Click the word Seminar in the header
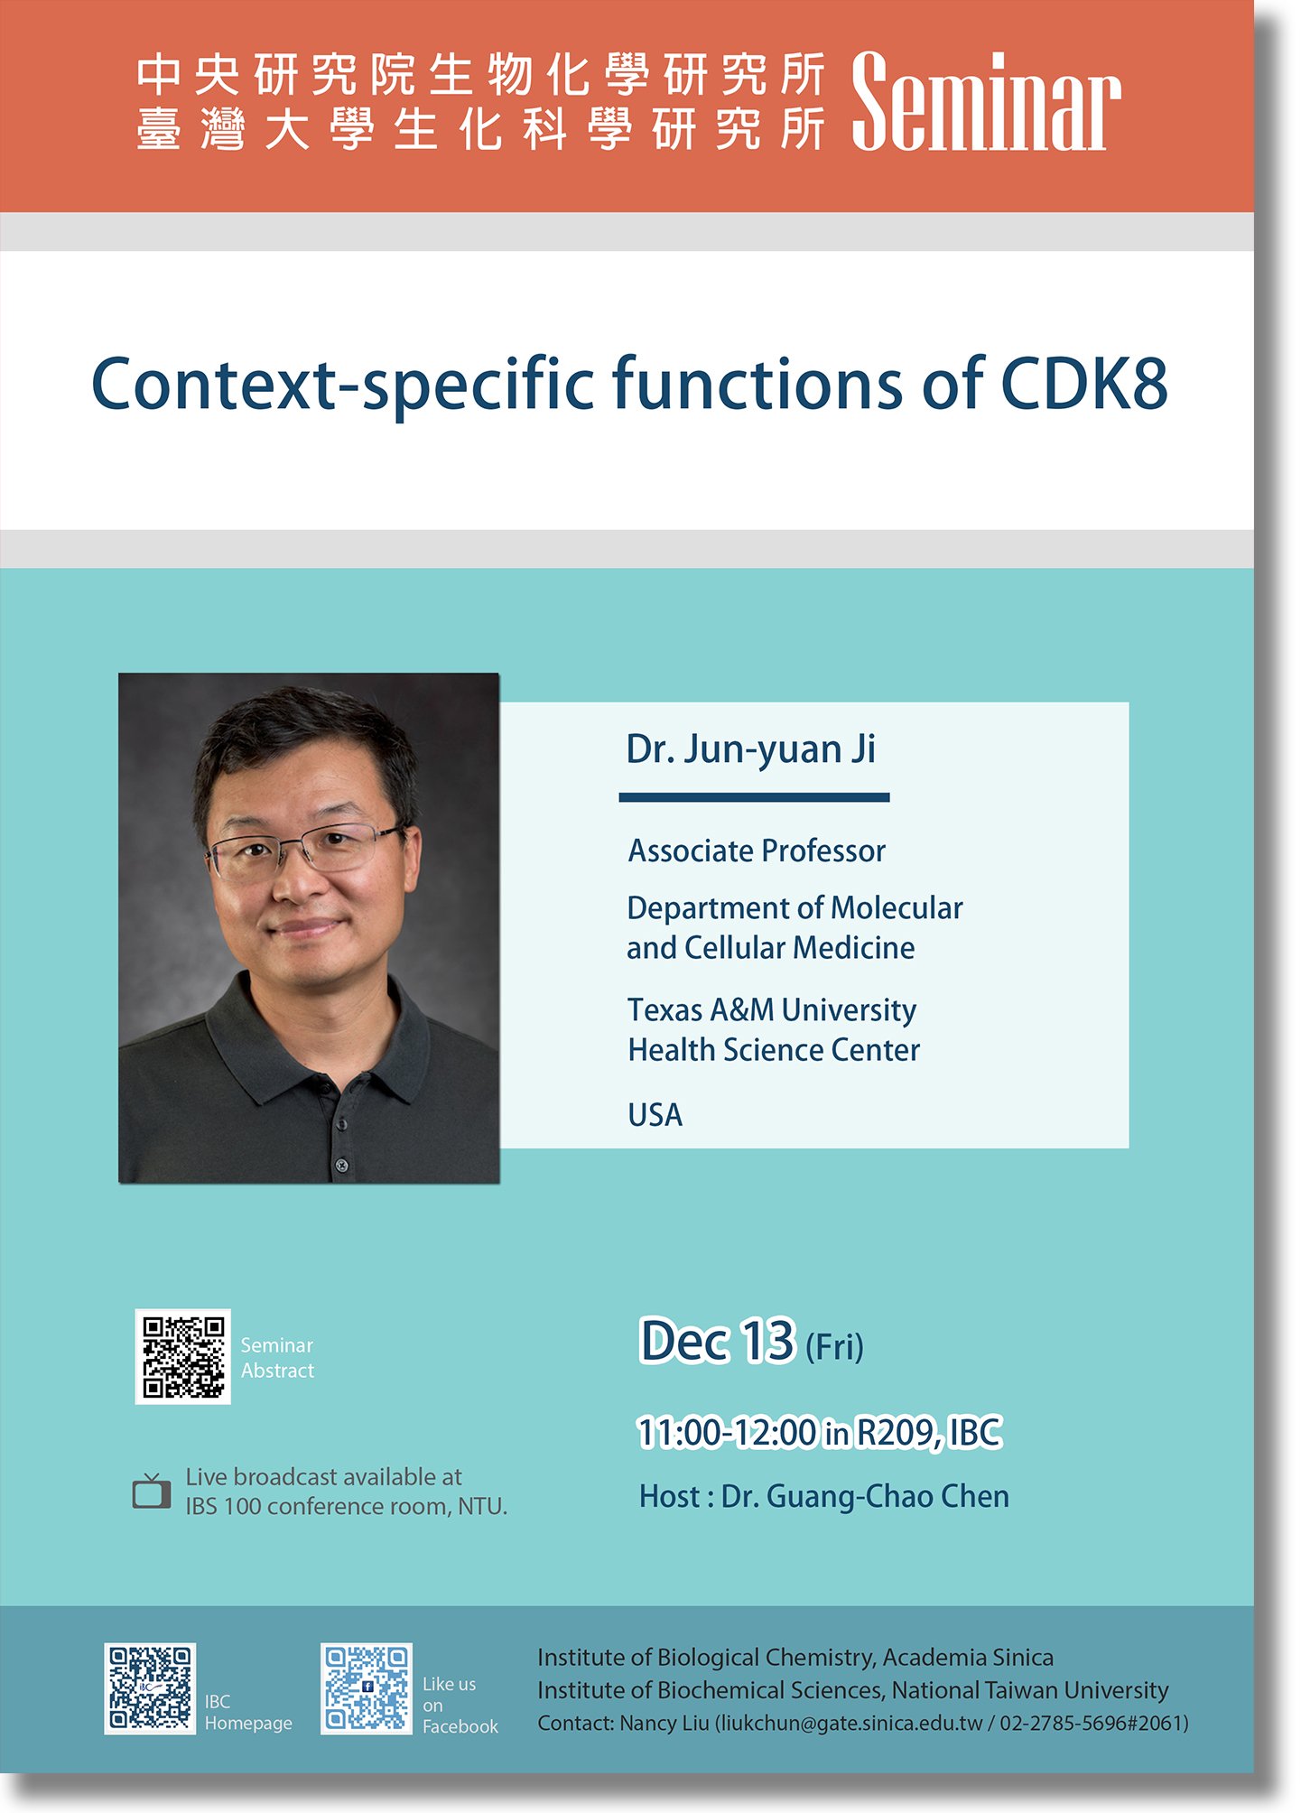tap(986, 101)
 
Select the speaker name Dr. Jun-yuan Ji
tap(751, 749)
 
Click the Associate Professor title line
tap(757, 851)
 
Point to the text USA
tap(655, 1115)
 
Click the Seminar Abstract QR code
tap(183, 1356)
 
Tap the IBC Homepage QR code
tap(150, 1688)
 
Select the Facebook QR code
tap(367, 1688)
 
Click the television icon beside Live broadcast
tap(152, 1491)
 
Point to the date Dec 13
tap(717, 1341)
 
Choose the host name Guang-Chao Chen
tap(887, 1497)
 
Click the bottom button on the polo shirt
tap(342, 1166)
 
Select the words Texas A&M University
tap(772, 1010)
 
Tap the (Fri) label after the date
tap(834, 1347)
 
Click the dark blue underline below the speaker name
tap(754, 797)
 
